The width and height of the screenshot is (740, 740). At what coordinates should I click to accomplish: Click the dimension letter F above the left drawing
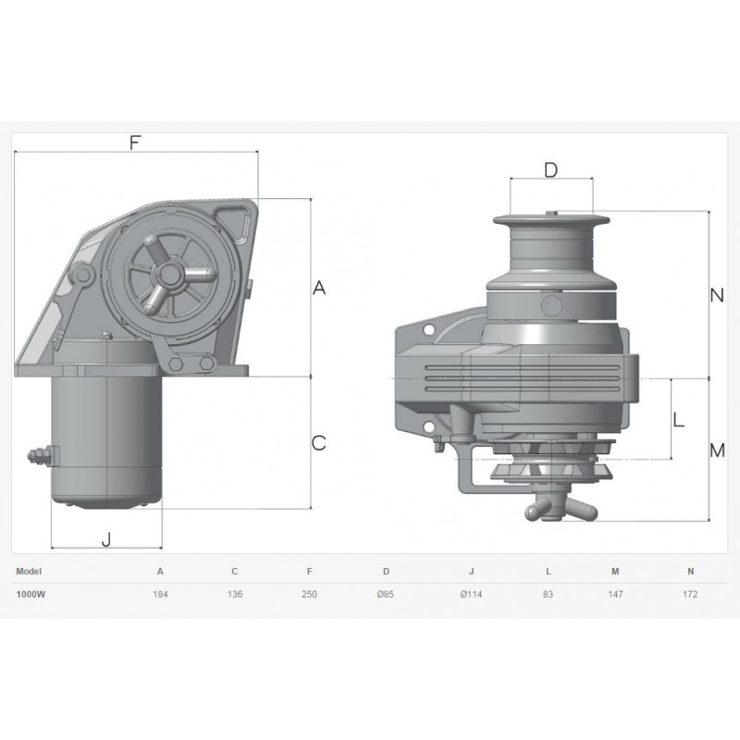(x=135, y=142)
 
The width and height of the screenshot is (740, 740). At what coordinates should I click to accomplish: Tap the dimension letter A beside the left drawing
(x=319, y=288)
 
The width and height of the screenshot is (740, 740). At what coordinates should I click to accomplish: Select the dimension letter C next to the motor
(x=319, y=443)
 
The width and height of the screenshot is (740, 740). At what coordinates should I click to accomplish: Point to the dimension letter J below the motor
(x=106, y=538)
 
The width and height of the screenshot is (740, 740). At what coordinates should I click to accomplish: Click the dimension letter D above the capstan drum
(x=550, y=170)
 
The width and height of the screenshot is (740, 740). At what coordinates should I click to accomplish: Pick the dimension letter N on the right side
(x=717, y=295)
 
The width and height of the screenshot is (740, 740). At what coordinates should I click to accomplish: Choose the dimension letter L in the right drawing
(x=678, y=420)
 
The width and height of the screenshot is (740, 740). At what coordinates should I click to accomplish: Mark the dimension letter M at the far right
(x=718, y=450)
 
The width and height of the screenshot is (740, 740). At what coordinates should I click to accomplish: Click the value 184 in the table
(x=160, y=594)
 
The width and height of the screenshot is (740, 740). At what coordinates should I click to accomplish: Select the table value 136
(x=235, y=594)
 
